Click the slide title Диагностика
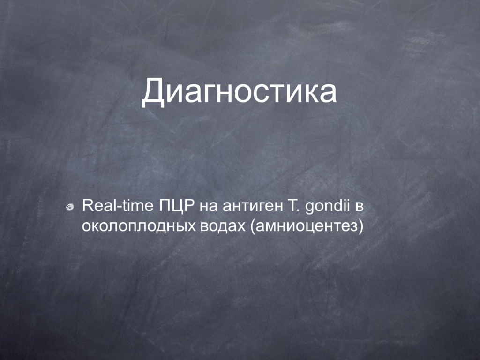(x=240, y=91)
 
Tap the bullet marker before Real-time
(x=70, y=207)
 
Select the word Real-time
(x=118, y=206)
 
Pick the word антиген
(x=253, y=208)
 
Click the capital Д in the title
(x=153, y=92)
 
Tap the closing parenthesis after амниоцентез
(x=361, y=227)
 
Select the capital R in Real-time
(x=88, y=206)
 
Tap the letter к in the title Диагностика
(x=306, y=93)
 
